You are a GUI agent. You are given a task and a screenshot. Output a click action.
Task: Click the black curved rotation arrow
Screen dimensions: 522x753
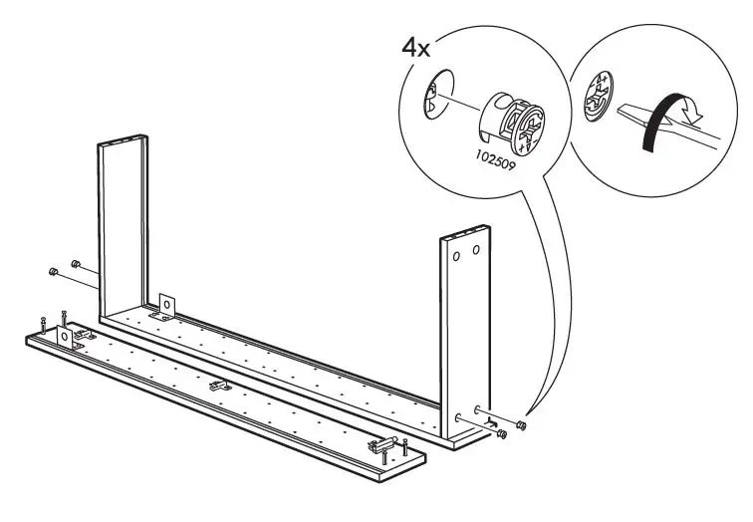(667, 121)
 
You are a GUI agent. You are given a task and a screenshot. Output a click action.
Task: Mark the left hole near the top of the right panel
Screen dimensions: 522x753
(457, 255)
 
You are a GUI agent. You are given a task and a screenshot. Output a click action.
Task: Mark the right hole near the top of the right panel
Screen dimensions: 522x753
(476, 247)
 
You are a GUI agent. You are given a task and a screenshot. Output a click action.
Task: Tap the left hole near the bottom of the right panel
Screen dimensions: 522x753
(459, 418)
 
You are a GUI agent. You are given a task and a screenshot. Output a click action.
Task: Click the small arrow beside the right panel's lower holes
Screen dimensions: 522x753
(493, 425)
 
